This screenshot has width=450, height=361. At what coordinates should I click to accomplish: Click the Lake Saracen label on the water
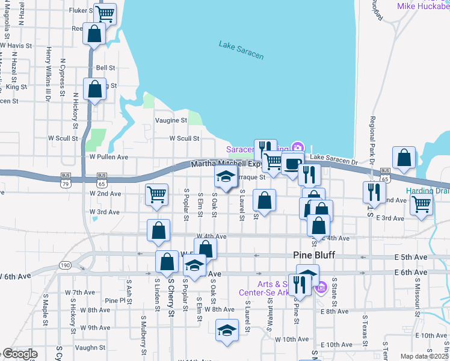[241, 50]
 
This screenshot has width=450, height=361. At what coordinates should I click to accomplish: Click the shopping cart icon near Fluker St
[105, 13]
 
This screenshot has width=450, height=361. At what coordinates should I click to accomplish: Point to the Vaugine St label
[171, 120]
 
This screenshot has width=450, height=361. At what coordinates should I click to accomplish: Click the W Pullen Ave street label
[109, 156]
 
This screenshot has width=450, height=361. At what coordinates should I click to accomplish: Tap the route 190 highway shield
[66, 265]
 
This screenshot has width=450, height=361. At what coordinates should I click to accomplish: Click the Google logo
[20, 354]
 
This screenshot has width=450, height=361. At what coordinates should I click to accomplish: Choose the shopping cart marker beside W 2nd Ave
[156, 194]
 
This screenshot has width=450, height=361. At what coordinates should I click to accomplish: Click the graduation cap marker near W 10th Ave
[226, 330]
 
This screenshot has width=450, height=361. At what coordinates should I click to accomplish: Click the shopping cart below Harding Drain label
[421, 204]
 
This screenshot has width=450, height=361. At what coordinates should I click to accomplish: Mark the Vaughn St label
[90, 347]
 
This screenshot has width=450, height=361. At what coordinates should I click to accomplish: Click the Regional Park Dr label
[373, 141]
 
